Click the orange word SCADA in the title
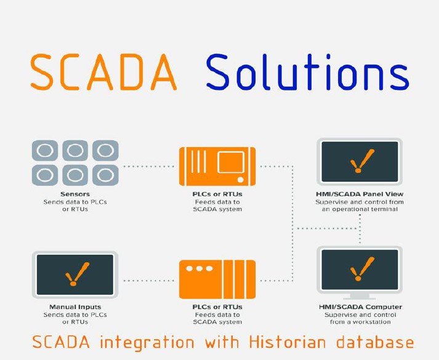point(103,72)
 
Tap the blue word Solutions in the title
point(308,72)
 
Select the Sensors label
point(75,194)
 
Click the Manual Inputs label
point(75,307)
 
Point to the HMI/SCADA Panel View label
point(360,194)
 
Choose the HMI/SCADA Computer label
point(360,307)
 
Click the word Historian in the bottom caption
point(288,342)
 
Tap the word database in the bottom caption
point(375,342)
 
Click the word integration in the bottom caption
point(147,342)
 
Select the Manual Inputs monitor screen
point(75,274)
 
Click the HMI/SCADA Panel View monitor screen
point(360,161)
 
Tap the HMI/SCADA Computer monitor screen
point(360,270)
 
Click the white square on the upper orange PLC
point(231,162)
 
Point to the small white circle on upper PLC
point(241,180)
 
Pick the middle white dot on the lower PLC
point(199,269)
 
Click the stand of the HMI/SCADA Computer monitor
point(360,296)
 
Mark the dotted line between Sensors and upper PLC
point(149,166)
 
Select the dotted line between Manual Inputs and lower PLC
point(149,280)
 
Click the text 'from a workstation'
point(360,322)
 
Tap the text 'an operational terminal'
point(360,209)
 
